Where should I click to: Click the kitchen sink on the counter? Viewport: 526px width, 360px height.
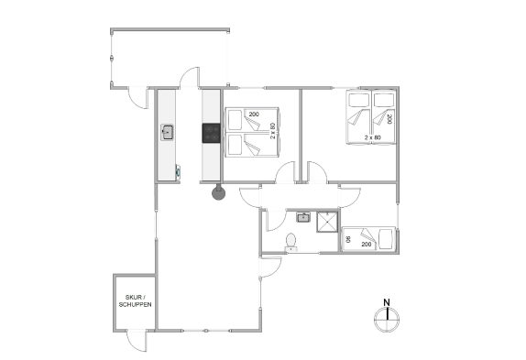click(167, 132)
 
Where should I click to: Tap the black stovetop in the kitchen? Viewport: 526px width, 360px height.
click(211, 133)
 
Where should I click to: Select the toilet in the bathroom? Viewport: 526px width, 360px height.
click(290, 242)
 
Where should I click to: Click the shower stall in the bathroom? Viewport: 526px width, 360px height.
click(327, 222)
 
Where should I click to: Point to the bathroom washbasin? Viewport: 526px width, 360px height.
click(303, 217)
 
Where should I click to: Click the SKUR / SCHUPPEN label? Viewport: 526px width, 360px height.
click(136, 300)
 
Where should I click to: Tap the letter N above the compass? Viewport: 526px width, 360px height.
click(387, 302)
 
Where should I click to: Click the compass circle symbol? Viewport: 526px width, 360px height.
click(387, 319)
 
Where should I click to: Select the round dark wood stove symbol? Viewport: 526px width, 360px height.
click(218, 193)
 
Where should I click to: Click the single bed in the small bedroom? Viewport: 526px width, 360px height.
click(368, 239)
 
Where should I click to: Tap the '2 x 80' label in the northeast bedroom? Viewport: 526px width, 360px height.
click(373, 137)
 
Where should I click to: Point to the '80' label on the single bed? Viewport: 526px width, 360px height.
click(348, 239)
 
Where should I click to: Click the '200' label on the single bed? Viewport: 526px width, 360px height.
click(367, 245)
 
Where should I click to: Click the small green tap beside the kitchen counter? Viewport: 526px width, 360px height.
click(178, 171)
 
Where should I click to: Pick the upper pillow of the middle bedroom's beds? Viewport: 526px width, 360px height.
click(235, 120)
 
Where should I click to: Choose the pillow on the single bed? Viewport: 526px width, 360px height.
click(386, 239)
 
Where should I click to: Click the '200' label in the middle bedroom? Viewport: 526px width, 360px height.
click(254, 115)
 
